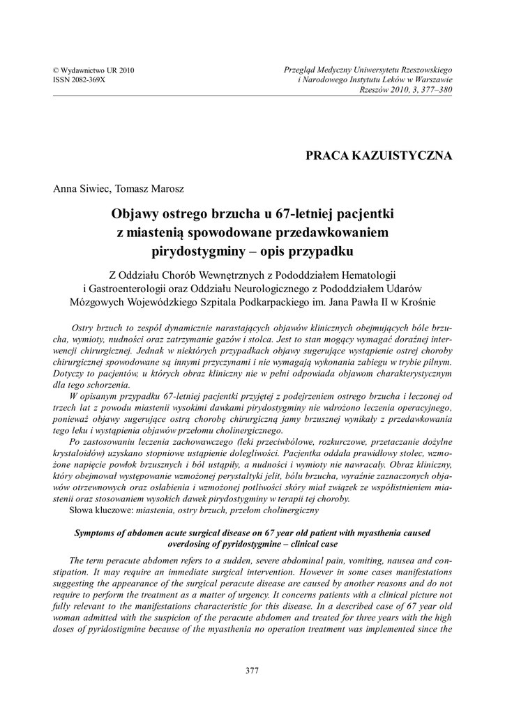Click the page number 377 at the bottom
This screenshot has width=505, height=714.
252,670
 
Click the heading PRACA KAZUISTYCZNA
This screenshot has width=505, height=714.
379,155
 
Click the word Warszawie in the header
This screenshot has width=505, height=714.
430,80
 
